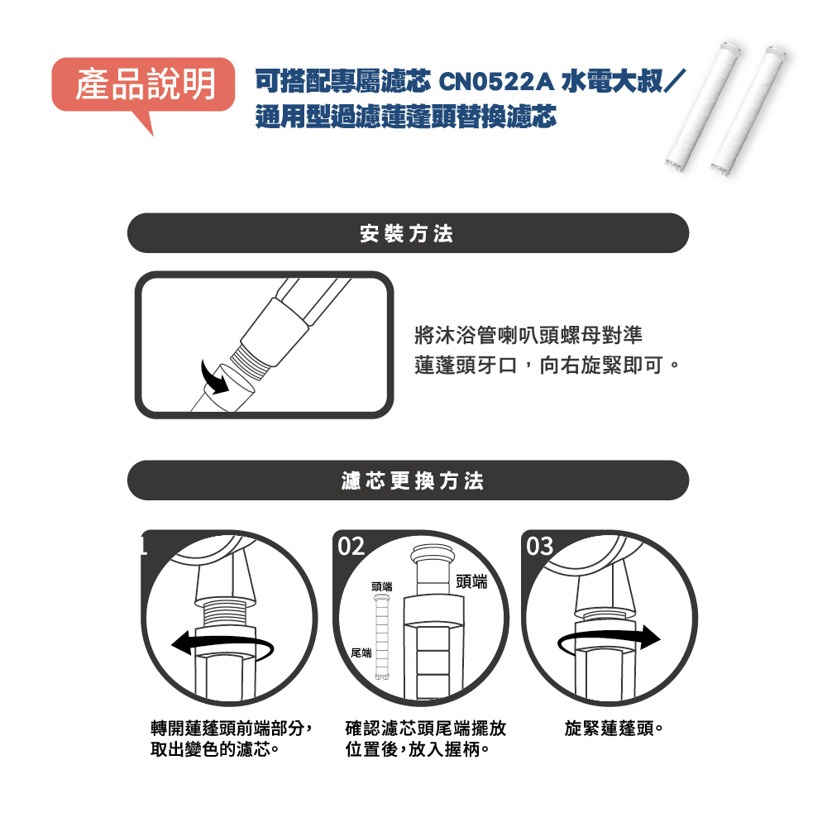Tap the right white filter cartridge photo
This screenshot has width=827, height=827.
coord(748,110)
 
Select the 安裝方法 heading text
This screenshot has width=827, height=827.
coord(407,234)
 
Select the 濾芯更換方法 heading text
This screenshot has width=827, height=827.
coord(412,481)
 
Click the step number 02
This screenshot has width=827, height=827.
coord(351,547)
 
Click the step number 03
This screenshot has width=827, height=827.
coord(539,547)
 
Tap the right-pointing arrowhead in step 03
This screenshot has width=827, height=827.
coord(650,637)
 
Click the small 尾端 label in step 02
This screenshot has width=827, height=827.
coord(361,653)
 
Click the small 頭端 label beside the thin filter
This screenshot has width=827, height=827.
coord(382,586)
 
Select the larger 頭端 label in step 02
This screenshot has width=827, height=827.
coord(471,581)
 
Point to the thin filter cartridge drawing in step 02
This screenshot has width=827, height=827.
coord(382,637)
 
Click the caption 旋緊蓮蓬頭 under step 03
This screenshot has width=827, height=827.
coord(613,729)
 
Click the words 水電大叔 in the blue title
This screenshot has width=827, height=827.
coord(612,82)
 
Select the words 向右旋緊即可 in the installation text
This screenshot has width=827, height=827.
coord(601,365)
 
